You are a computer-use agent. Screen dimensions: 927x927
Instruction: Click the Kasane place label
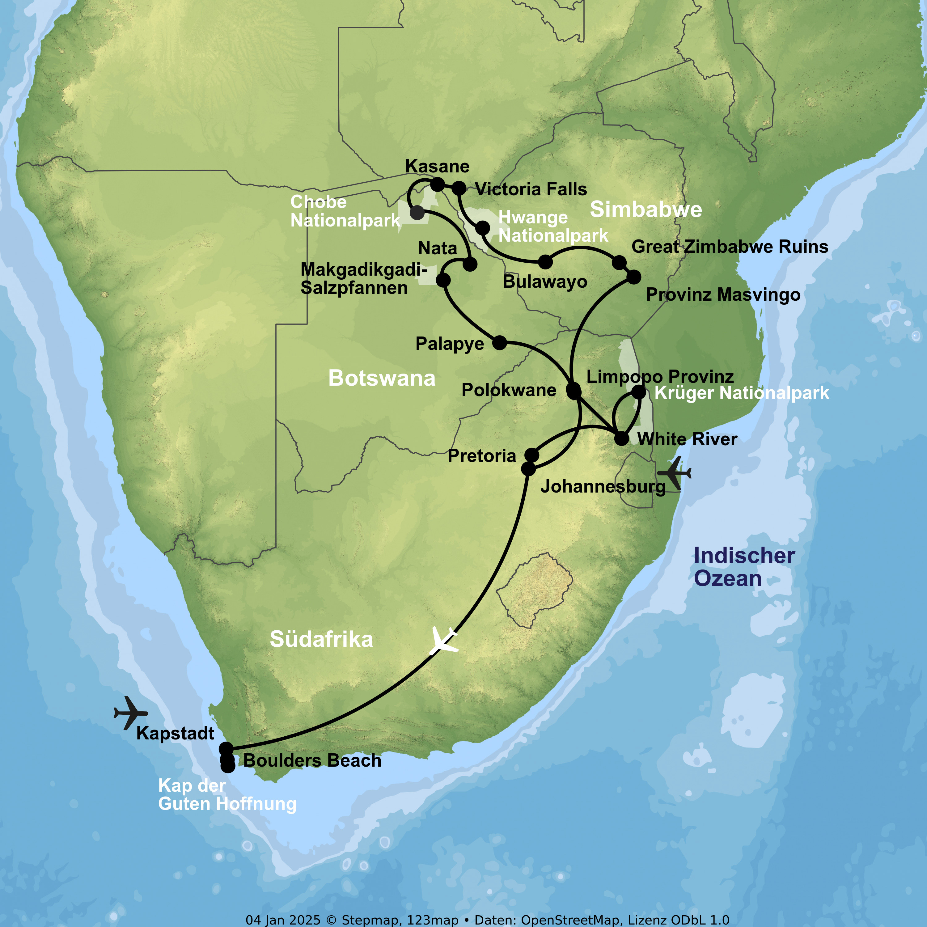(x=437, y=166)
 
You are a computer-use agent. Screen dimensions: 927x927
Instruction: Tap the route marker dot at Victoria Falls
(x=459, y=188)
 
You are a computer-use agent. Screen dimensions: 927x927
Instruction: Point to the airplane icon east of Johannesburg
(x=674, y=474)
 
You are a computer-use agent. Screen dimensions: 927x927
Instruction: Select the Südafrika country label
(x=321, y=639)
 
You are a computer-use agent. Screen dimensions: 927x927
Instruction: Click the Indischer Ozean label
(x=744, y=567)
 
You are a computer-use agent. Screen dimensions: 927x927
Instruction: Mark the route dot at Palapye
(x=499, y=343)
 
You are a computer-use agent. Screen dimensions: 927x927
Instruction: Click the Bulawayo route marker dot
(x=545, y=262)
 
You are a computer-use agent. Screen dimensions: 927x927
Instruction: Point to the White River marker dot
(x=621, y=438)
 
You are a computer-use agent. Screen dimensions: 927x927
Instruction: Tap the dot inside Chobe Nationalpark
(x=417, y=212)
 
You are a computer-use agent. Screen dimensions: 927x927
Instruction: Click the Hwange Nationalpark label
(x=553, y=226)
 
